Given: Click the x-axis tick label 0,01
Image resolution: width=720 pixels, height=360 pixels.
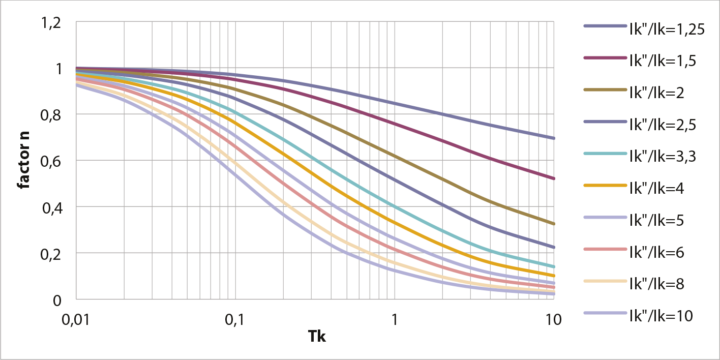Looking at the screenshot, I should point(76,320).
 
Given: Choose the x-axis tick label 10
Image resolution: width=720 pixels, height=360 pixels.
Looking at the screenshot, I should point(553,320).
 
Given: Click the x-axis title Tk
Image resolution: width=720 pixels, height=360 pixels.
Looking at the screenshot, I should point(316,336).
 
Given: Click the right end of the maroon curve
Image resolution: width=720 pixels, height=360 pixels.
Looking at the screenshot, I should point(553,178).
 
